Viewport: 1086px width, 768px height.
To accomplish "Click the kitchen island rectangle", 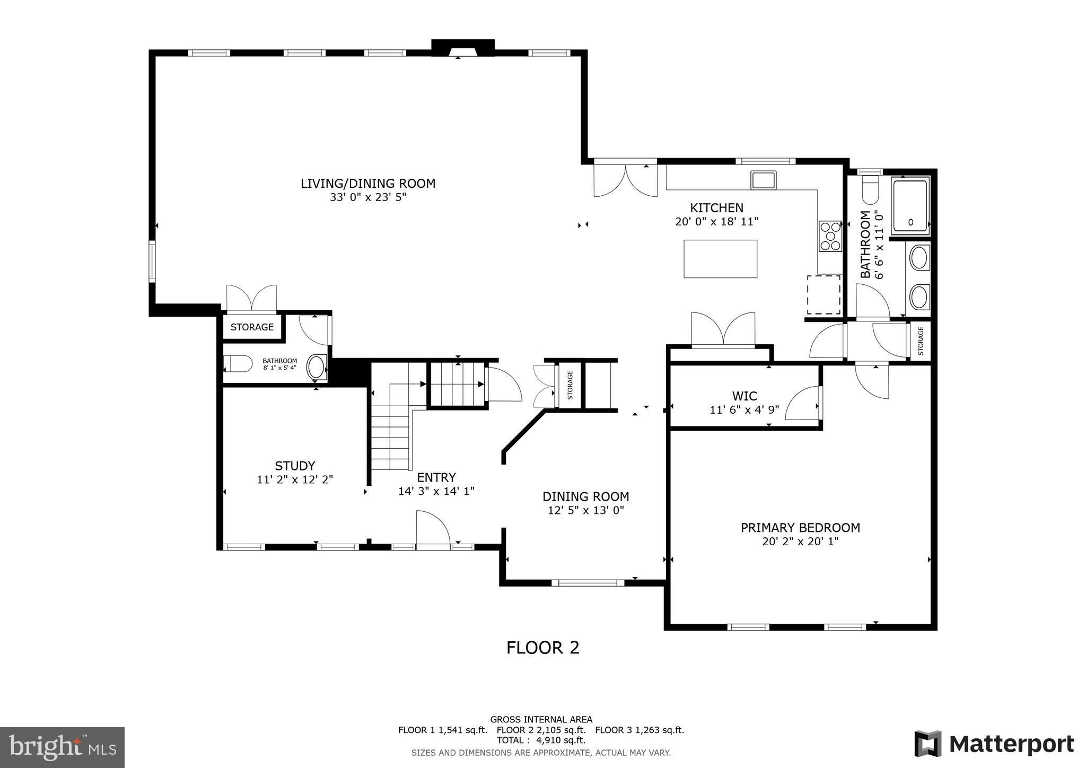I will (720, 259).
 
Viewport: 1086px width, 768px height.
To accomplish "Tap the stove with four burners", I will (830, 236).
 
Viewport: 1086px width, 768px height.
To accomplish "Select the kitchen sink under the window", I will (763, 180).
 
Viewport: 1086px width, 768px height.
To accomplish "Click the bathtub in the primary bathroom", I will (910, 206).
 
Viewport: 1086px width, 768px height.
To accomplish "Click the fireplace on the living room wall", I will (462, 48).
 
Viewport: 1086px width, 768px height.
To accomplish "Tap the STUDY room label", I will (295, 466).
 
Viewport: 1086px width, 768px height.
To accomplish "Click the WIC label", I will (745, 396).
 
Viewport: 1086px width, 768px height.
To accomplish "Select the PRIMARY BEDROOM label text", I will (800, 528).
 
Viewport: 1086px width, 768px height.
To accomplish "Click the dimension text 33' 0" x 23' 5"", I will (367, 198).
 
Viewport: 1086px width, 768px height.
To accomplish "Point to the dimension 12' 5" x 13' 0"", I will (585, 510).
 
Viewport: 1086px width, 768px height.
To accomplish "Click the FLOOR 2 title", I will (542, 648).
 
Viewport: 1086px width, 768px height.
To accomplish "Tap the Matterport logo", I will (994, 744).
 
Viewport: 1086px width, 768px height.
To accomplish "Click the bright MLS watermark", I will (62, 748).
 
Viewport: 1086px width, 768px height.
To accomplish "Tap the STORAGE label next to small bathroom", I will (252, 327).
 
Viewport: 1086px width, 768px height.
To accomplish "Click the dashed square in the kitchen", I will (824, 295).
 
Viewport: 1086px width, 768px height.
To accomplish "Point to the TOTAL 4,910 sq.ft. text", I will (540, 740).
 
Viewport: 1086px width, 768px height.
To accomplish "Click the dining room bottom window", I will (587, 583).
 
